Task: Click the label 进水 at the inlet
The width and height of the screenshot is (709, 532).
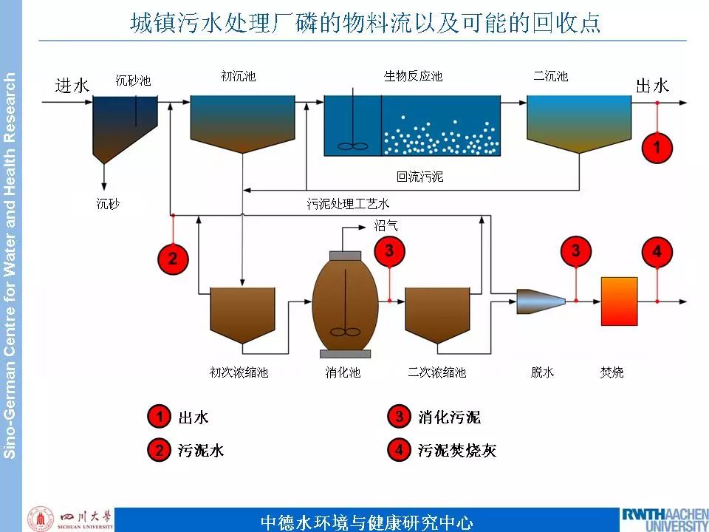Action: pyautogui.click(x=72, y=86)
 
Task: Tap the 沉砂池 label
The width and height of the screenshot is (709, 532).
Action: pyautogui.click(x=133, y=80)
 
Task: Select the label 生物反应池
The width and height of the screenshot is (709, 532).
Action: pyautogui.click(x=413, y=75)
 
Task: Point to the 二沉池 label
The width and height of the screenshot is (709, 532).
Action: pyautogui.click(x=551, y=75)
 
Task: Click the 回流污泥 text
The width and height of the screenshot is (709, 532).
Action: pyautogui.click(x=420, y=177)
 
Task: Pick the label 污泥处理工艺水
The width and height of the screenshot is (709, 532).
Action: pyautogui.click(x=348, y=203)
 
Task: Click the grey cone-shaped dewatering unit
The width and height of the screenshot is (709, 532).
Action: pyautogui.click(x=541, y=301)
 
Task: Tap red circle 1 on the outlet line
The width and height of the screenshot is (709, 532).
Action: pyautogui.click(x=657, y=147)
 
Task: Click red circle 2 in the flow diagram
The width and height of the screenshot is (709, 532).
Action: pyautogui.click(x=173, y=258)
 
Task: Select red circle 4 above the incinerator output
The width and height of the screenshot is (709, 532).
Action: pyautogui.click(x=657, y=252)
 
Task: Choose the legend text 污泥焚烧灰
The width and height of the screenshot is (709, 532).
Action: pyautogui.click(x=457, y=450)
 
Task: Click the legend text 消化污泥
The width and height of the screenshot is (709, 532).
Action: pyautogui.click(x=449, y=417)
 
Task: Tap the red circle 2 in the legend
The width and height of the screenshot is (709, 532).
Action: pyautogui.click(x=158, y=450)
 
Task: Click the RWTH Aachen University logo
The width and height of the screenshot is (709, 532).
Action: pyautogui.click(x=664, y=519)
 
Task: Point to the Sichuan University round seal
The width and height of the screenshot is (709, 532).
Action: pyautogui.click(x=40, y=519)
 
